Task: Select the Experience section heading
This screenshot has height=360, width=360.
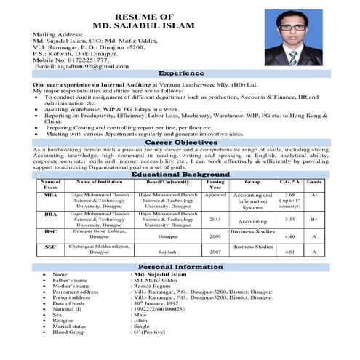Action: [x=180, y=74]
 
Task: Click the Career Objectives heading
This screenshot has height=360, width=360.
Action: [x=180, y=143]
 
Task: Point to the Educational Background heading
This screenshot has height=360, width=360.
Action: [x=180, y=175]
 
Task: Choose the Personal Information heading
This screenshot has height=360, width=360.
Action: [x=180, y=267]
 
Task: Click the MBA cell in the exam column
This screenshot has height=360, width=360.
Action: [x=50, y=195]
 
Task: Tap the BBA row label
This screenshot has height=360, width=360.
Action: [x=50, y=215]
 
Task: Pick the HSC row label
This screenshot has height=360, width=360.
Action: [x=50, y=233]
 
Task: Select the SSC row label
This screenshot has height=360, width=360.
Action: [x=50, y=248]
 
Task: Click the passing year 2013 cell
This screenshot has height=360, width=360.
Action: [x=215, y=219]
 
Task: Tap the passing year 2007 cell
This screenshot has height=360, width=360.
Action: [x=215, y=252]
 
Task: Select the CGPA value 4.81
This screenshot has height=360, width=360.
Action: [x=289, y=252]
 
